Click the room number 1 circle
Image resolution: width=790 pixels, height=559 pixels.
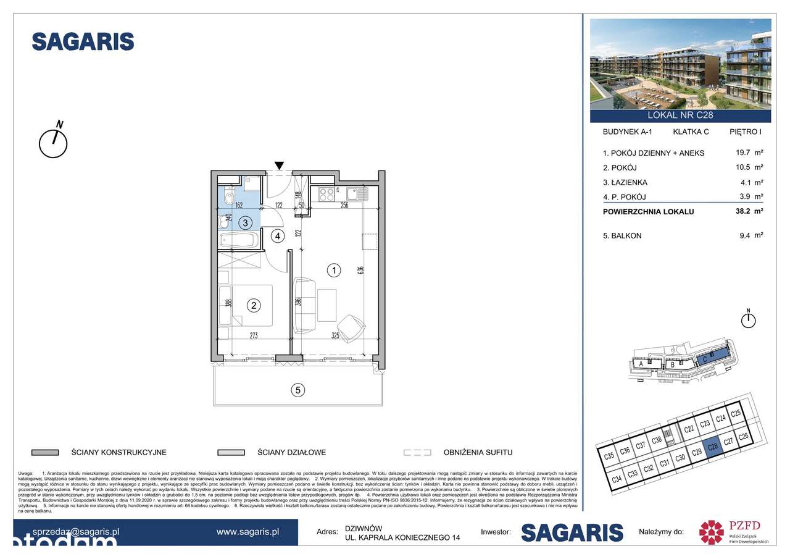click(333, 270)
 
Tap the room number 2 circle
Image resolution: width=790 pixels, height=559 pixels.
click(252, 304)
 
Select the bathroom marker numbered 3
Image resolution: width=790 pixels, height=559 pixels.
click(245, 222)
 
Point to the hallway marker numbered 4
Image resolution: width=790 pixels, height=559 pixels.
click(278, 235)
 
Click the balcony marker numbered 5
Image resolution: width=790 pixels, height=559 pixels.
click(298, 390)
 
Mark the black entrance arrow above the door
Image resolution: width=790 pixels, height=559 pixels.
click(280, 165)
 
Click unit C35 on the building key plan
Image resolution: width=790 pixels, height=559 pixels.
click(609, 457)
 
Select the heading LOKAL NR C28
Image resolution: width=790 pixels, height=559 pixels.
click(680, 115)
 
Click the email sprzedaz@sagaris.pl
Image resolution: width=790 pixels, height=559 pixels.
click(76, 531)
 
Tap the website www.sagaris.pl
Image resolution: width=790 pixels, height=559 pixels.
click(248, 531)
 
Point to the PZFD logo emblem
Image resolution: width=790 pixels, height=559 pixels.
click(710, 532)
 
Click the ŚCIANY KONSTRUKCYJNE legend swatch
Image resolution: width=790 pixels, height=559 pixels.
click(44, 452)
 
